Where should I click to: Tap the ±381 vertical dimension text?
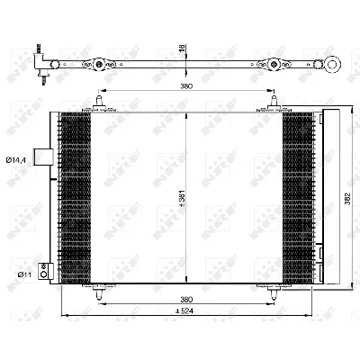pyautogui.click(x=181, y=198)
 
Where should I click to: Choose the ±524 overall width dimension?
pyautogui.click(x=186, y=313)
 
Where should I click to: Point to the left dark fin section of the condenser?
pyautogui.click(x=76, y=198)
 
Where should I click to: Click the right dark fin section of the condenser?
pyautogui.click(x=296, y=198)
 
